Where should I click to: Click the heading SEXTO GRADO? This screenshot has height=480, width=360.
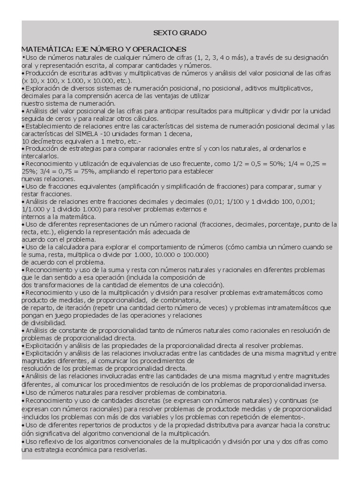[x=180, y=33]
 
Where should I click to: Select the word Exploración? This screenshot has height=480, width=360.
[x=44, y=88]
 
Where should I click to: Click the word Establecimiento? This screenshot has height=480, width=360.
[x=50, y=126]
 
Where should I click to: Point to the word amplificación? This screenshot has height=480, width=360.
[x=142, y=187]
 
